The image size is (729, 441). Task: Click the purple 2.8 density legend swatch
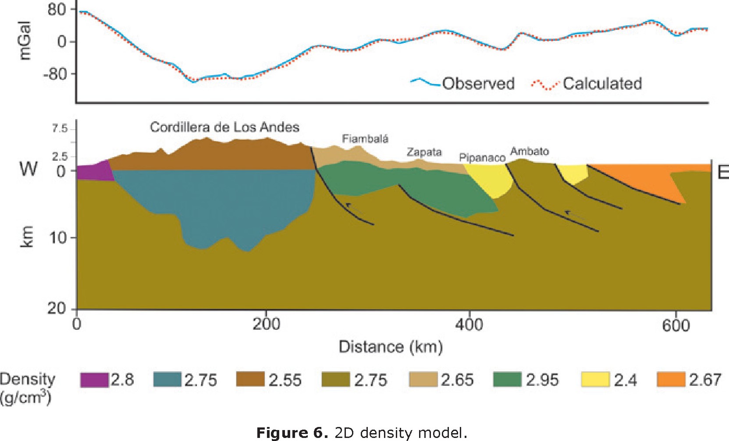pyautogui.click(x=95, y=380)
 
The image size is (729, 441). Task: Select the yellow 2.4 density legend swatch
pyautogui.click(x=595, y=380)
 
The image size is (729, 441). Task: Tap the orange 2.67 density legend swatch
pyautogui.click(x=671, y=380)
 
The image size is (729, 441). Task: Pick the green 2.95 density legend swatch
pyautogui.click(x=507, y=380)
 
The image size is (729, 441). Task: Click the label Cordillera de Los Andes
pyautogui.click(x=224, y=127)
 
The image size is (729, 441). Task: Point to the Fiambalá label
pyautogui.click(x=365, y=139)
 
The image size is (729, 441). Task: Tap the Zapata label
pyautogui.click(x=424, y=152)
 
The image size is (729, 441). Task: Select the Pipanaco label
pyautogui.click(x=482, y=158)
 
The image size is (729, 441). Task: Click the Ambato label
pyautogui.click(x=530, y=152)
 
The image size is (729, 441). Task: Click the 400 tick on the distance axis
pyautogui.click(x=469, y=325)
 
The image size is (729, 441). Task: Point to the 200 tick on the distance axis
pyautogui.click(x=266, y=325)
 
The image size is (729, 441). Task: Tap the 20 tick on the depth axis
pyautogui.click(x=56, y=308)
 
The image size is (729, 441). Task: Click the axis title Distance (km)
pyautogui.click(x=391, y=347)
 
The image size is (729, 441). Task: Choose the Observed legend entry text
pyautogui.click(x=478, y=84)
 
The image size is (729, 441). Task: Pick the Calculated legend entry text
pyautogui.click(x=602, y=84)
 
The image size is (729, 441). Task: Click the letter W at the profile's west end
pyautogui.click(x=28, y=169)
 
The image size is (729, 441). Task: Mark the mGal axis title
pyautogui.click(x=25, y=41)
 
